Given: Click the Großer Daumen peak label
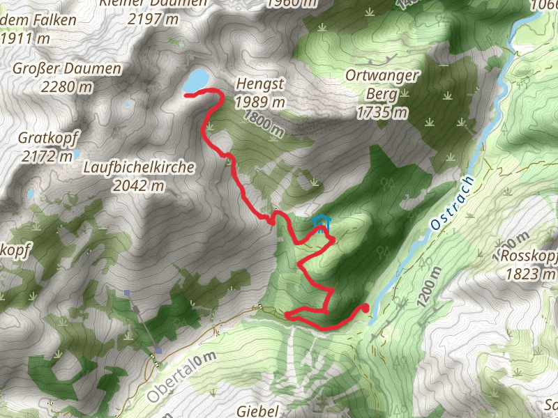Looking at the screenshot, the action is tap(67, 69).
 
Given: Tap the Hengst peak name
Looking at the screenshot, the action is tap(260, 83).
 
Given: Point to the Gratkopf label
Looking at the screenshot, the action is tap(47, 138).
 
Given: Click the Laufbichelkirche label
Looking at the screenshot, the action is tap(138, 168).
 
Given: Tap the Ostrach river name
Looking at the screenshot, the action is tap(453, 203).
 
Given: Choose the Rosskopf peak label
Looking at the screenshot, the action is tap(529, 256).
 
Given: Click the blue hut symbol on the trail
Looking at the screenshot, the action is tap(321, 222).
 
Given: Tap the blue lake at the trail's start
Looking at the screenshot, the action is tap(196, 79).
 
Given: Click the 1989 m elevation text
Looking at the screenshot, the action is tap(260, 101).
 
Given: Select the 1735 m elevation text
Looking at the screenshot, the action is tap(382, 111).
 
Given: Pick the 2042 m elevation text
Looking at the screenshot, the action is tap(138, 185).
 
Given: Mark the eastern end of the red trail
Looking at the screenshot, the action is tap(365, 307).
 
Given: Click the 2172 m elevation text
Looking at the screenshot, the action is tap(47, 156).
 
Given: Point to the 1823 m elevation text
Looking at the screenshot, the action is tap(529, 274).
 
